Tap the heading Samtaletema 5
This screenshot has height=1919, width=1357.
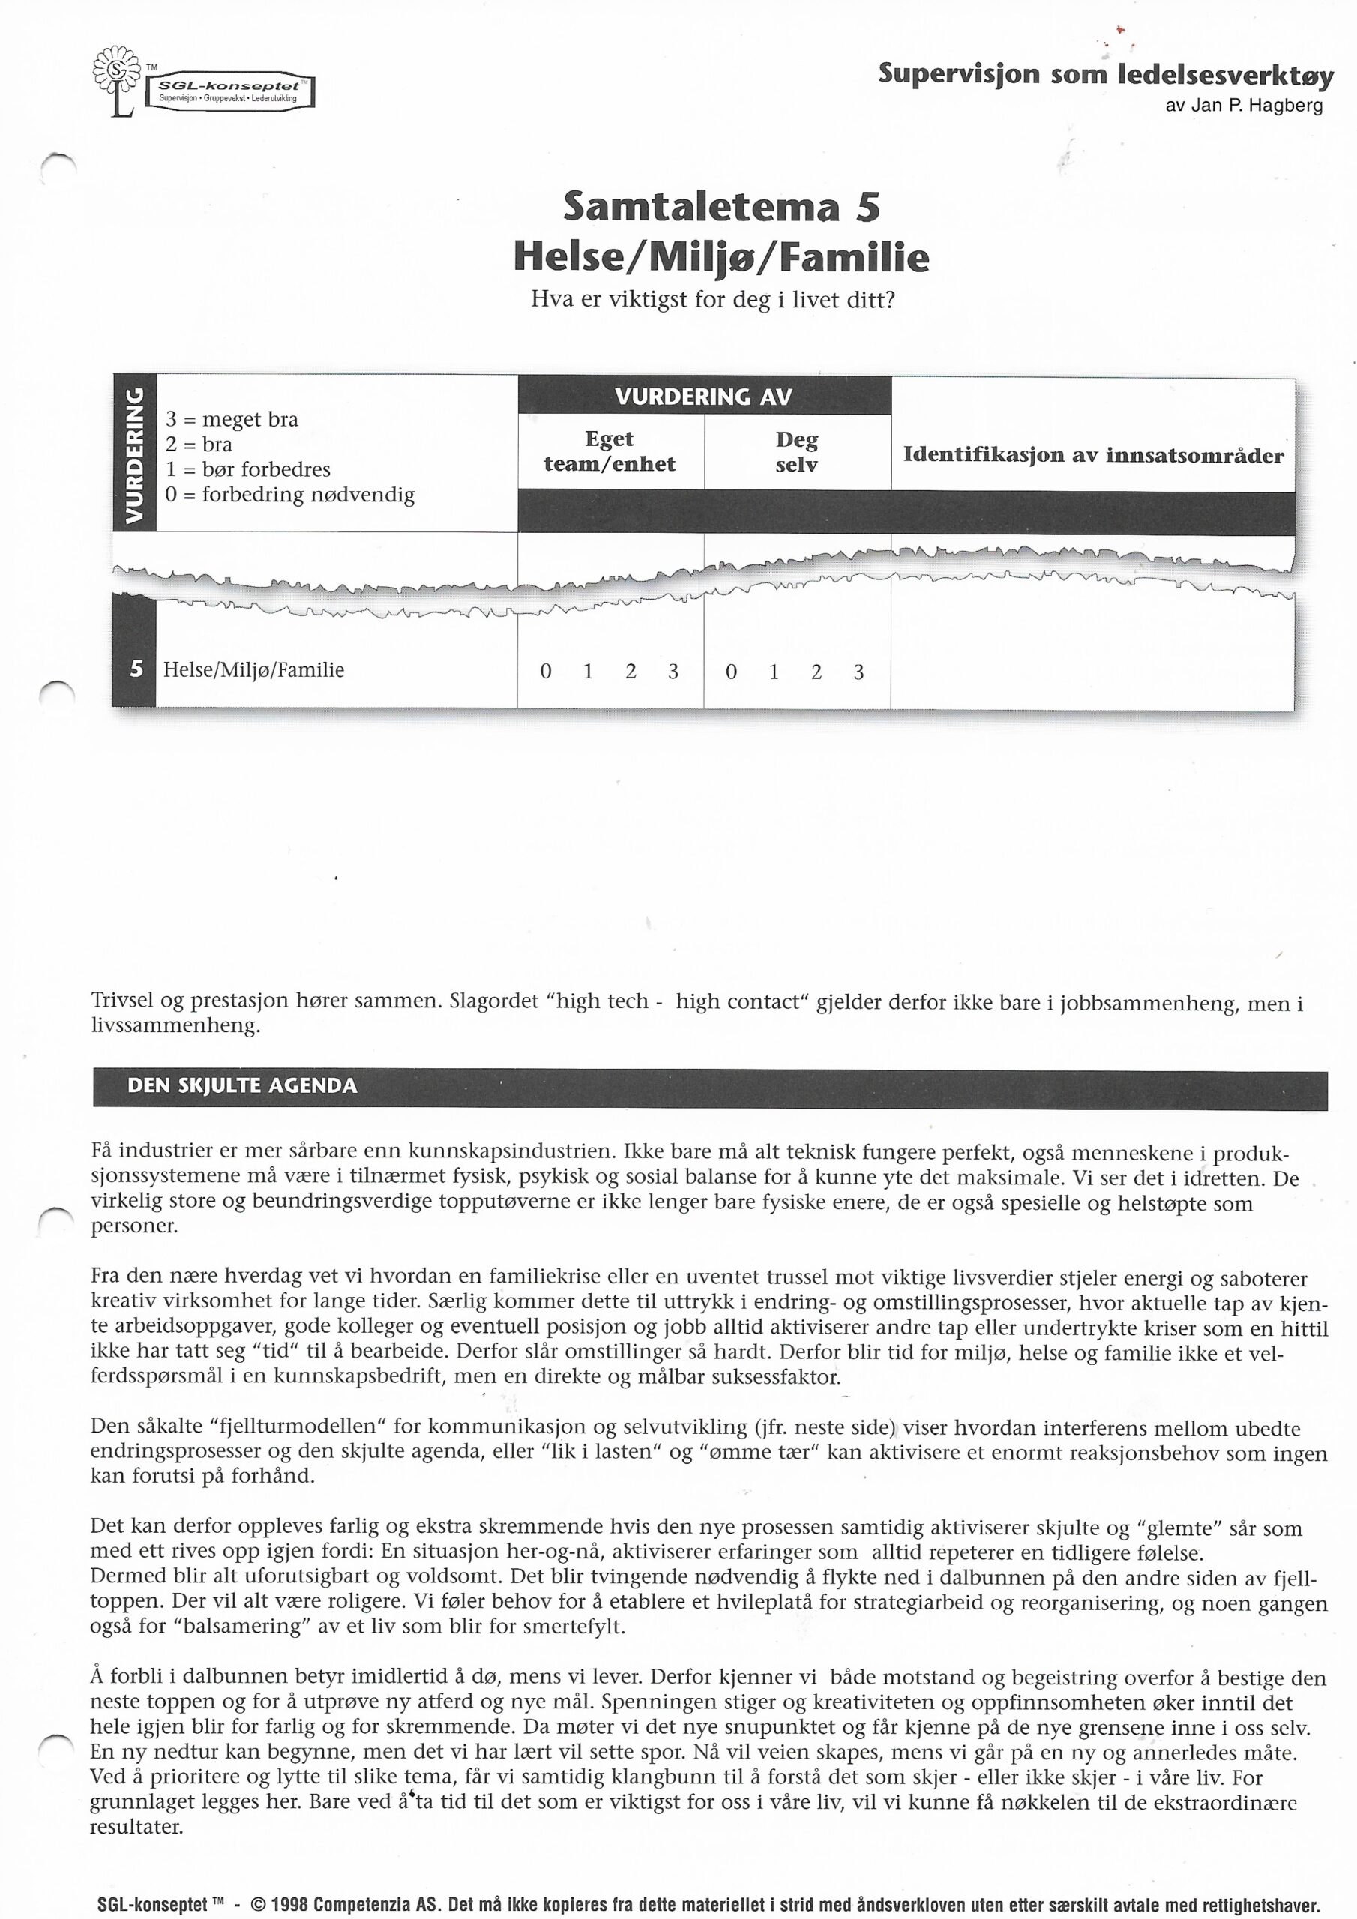click(x=721, y=206)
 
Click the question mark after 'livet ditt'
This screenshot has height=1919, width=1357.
click(x=890, y=300)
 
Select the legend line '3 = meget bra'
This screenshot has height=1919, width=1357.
click(x=232, y=420)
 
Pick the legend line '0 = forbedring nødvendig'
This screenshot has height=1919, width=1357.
click(x=289, y=495)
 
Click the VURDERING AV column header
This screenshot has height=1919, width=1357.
click(x=703, y=397)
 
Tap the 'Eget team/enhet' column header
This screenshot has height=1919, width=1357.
click(x=610, y=451)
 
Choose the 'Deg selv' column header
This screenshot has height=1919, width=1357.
click(x=796, y=452)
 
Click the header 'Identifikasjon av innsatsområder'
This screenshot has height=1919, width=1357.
click(x=1093, y=456)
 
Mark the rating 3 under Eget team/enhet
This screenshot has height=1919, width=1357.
click(x=673, y=671)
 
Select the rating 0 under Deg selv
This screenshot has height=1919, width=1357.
click(x=731, y=671)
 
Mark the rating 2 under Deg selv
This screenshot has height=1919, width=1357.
click(x=816, y=671)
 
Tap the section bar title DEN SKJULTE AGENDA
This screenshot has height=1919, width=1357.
click(x=241, y=1085)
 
